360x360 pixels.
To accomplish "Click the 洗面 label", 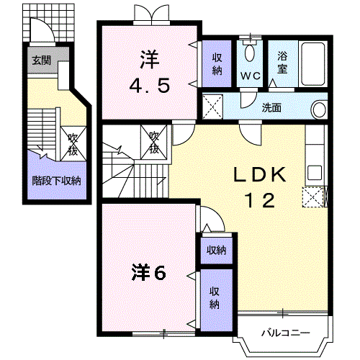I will [271, 109].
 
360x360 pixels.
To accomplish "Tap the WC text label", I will [251, 76].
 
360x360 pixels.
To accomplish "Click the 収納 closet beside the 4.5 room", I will [217, 63].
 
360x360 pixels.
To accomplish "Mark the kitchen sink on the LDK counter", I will [315, 173].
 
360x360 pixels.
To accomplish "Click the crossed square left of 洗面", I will [214, 108].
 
